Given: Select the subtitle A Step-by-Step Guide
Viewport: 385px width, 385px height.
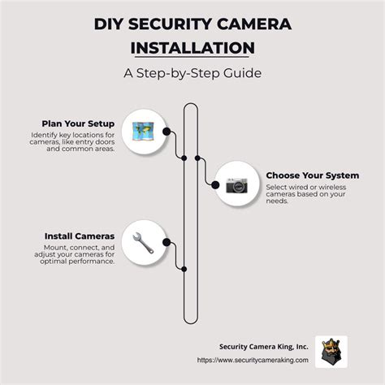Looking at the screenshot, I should click(x=192, y=74).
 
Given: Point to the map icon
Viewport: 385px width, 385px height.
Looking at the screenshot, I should click(x=144, y=131).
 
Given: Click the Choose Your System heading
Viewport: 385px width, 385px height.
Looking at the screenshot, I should click(x=312, y=175).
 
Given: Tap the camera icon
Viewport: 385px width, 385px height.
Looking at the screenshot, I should click(x=238, y=186).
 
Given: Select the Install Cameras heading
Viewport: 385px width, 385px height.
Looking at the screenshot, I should click(x=79, y=236).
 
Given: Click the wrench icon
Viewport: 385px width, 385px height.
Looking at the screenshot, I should click(x=144, y=241).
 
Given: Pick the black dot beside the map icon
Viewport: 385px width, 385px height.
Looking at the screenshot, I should click(x=167, y=131).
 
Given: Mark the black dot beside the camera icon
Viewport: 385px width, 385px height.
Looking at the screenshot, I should click(x=215, y=186).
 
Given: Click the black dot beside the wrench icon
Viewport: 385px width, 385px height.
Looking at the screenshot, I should click(x=167, y=241).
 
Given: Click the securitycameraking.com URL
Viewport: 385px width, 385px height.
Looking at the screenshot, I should click(x=253, y=359).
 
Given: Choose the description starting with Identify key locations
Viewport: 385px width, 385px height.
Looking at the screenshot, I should click(x=73, y=142).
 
